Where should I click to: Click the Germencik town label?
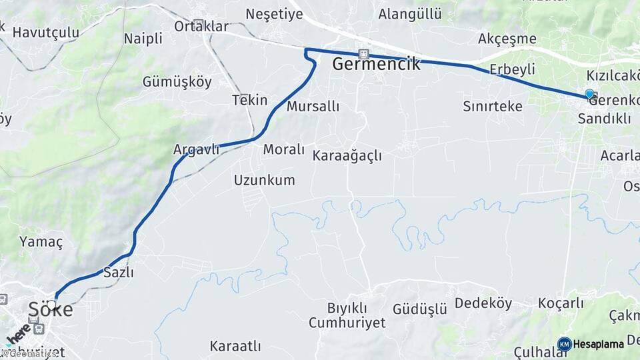pyautogui.click(x=376, y=65)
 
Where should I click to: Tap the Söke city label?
pyautogui.click(x=50, y=309)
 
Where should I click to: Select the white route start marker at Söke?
pyautogui.click(x=51, y=304)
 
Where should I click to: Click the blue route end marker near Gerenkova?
pyautogui.click(x=589, y=95)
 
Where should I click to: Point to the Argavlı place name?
pyautogui.click(x=196, y=149)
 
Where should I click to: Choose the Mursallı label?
pyautogui.click(x=313, y=106)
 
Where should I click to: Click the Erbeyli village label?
pyautogui.click(x=512, y=69)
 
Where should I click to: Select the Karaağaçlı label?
pyautogui.click(x=347, y=155)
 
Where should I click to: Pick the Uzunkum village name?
pyautogui.click(x=264, y=179)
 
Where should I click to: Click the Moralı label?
pyautogui.click(x=283, y=149)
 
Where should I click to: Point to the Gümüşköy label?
pyautogui.click(x=177, y=82)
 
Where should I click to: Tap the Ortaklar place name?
pyautogui.click(x=201, y=27)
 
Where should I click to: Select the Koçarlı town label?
pyautogui.click(x=560, y=303)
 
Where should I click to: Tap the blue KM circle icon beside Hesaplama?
pyautogui.click(x=564, y=344)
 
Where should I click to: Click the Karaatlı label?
pyautogui.click(x=235, y=346)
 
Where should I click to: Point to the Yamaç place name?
pyautogui.click(x=41, y=241)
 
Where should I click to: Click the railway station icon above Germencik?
pyautogui.click(x=363, y=53)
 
